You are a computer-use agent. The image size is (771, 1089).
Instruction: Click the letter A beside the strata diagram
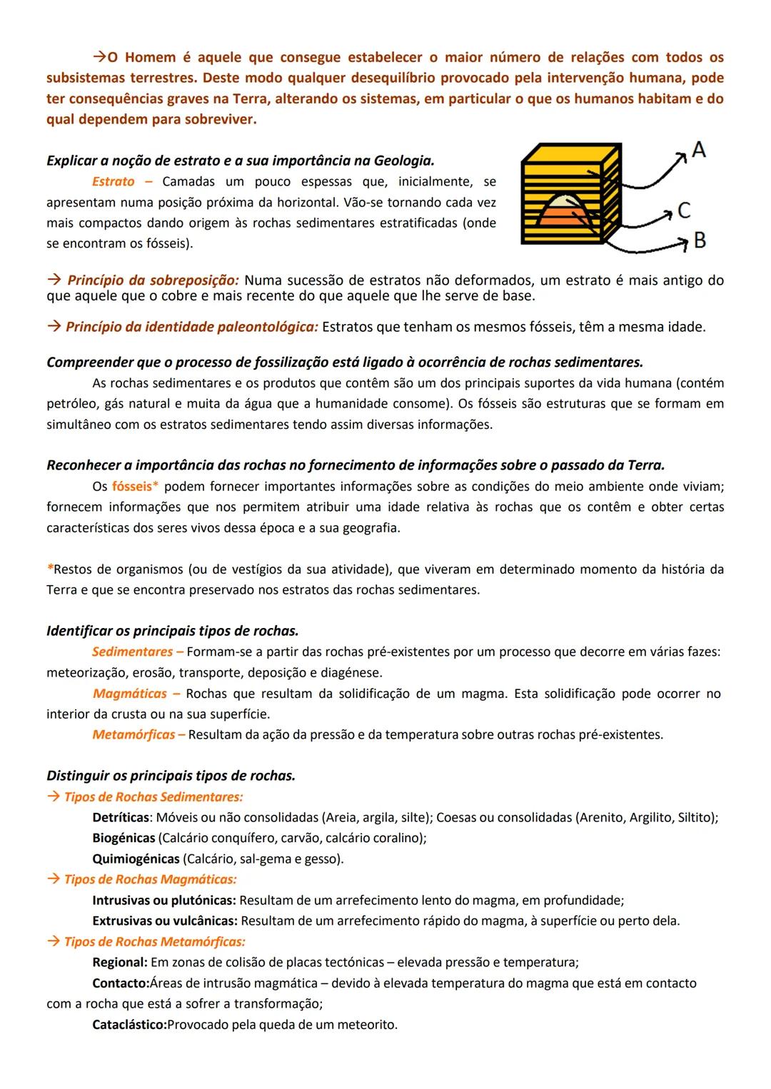click(x=698, y=150)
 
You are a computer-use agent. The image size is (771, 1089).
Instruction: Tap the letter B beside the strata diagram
click(x=700, y=240)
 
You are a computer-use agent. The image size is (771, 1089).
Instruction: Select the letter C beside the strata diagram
click(x=684, y=211)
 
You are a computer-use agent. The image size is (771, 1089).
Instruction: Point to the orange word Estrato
click(x=113, y=182)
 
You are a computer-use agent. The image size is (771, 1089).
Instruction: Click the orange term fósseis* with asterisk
click(x=135, y=487)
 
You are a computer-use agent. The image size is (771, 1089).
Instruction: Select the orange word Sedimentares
click(x=133, y=652)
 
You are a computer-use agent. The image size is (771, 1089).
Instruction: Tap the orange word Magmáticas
click(x=130, y=694)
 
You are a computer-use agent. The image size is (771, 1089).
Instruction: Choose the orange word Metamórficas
click(x=133, y=735)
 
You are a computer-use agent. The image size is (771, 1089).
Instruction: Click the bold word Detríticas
click(x=121, y=817)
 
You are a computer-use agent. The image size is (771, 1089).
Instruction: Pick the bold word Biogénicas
click(x=124, y=838)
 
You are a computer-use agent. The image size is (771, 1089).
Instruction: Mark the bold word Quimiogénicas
click(x=136, y=858)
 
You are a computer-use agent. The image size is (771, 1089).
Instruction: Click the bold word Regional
click(x=120, y=963)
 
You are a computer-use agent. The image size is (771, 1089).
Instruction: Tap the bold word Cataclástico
click(x=129, y=1025)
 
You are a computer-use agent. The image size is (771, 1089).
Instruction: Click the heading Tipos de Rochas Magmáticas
click(x=150, y=879)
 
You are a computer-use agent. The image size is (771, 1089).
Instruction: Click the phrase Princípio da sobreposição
click(x=153, y=280)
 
